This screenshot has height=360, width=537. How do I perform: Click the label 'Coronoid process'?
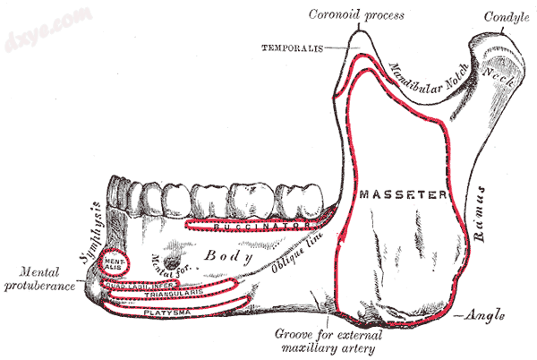pos(355,15)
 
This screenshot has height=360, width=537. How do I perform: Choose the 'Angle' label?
pos(486,316)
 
